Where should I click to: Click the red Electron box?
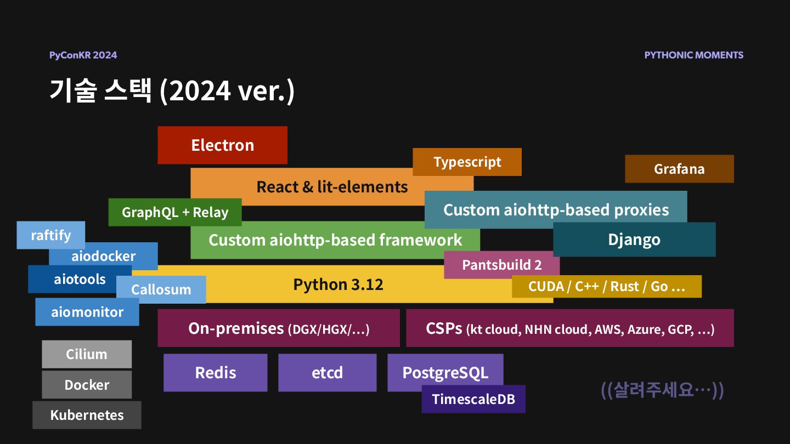point(222,145)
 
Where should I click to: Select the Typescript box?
point(467,162)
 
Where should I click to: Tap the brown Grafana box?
point(679,169)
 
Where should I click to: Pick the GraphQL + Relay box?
point(174,212)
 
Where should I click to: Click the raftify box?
point(50,235)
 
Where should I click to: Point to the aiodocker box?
point(103,256)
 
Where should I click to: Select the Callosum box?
point(161,289)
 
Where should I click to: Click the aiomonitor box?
point(87,312)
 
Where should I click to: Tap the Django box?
point(634,240)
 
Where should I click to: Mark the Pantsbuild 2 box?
point(501,265)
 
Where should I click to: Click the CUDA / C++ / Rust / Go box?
point(606,286)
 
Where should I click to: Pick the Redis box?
point(215,373)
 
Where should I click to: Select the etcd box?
point(327,373)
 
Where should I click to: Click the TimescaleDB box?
point(473,399)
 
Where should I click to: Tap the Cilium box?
point(87,354)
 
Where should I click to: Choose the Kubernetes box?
point(87,415)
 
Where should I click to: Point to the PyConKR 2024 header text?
point(83,55)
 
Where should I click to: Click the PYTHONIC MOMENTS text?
point(693,55)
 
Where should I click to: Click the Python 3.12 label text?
point(338,284)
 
